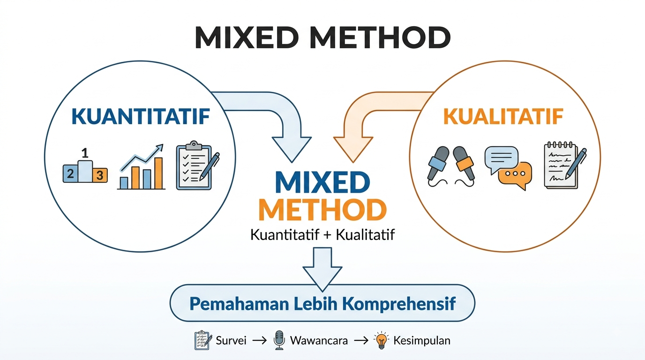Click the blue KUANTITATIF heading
point(141,116)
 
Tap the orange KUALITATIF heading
point(503,116)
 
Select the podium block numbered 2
point(70,173)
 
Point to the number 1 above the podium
point(85,153)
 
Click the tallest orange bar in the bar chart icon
point(158,173)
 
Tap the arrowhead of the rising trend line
point(159,148)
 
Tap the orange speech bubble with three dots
point(515,175)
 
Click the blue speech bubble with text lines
point(501,159)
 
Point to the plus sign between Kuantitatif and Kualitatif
point(327,235)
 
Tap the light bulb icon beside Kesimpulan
point(381,340)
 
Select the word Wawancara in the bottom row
point(319,341)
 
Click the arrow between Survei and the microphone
point(259,341)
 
